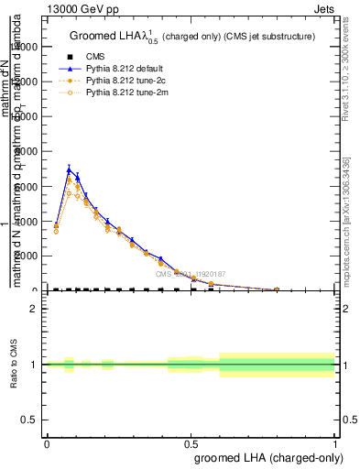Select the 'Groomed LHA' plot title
(x=192, y=36)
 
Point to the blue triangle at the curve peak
(x=70, y=169)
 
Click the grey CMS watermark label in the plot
(x=191, y=273)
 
